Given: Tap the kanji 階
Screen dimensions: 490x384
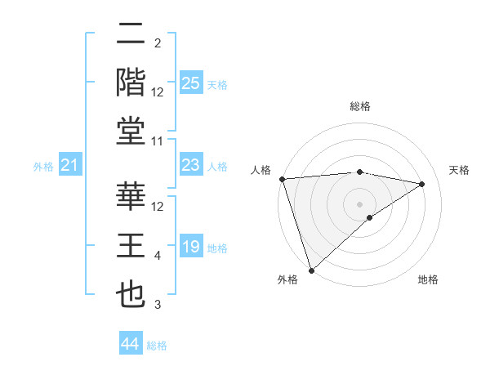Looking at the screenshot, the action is tap(131, 83).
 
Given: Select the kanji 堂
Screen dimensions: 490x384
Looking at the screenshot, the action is tap(131, 131).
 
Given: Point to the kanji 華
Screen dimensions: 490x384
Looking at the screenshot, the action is tap(131, 197).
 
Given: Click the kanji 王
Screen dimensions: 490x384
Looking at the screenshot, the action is tap(131, 246).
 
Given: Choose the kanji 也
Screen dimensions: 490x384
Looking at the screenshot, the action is tap(131, 294).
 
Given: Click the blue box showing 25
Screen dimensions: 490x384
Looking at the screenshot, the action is tap(190, 83).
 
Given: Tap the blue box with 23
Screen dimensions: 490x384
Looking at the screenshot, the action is tap(190, 166).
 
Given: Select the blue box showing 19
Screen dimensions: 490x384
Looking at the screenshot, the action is tap(190, 248).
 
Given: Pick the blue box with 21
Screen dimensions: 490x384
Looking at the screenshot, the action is tap(69, 166).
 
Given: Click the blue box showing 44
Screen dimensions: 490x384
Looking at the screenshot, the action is tap(130, 345).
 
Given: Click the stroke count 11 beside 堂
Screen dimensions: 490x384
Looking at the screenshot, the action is tap(158, 142).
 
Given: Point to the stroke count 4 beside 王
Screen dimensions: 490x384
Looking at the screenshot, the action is tap(158, 257).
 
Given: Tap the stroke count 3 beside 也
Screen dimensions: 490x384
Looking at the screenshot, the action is tap(158, 305).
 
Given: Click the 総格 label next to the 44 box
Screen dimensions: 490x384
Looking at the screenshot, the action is tap(157, 346).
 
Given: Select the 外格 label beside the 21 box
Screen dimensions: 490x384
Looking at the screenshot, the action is tap(43, 167).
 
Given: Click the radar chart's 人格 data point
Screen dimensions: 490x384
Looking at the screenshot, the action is tap(282, 179).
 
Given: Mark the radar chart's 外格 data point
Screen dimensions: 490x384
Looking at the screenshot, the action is tap(311, 269).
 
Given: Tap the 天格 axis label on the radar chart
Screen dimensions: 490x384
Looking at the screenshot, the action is tap(460, 170).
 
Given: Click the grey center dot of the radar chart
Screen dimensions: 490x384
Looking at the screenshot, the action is tap(359, 203).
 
